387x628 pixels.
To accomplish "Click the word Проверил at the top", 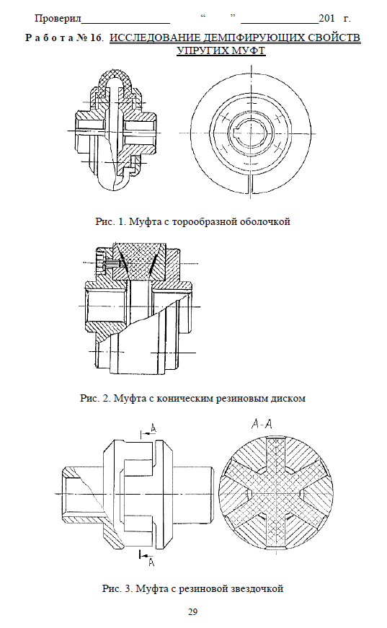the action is coord(58,19).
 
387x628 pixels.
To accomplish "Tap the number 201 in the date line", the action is coord(326,18).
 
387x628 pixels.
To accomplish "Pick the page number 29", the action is coord(192,612).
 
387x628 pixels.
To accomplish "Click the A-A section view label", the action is coord(262,424).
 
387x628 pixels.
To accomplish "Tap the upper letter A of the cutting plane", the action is coord(154,428).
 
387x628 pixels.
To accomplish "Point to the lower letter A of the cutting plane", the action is coord(151,562).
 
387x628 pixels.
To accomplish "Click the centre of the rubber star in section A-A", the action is coord(276,492).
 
